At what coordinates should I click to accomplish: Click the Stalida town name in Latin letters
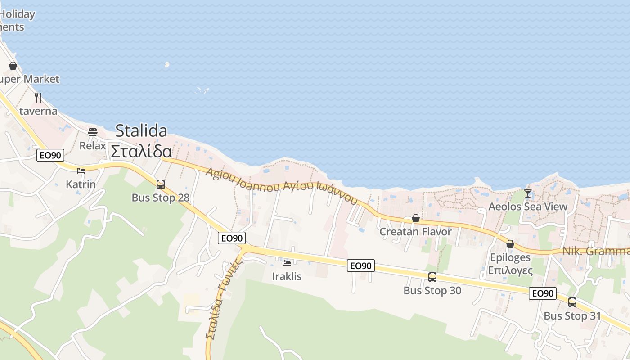[x=141, y=131]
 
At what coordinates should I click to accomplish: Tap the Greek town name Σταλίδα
[x=141, y=152]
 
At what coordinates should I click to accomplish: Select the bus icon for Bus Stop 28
[x=161, y=184]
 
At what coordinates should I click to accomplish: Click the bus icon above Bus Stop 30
[x=432, y=277]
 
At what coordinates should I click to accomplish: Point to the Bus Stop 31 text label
[x=572, y=316]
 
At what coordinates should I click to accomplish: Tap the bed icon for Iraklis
[x=287, y=263]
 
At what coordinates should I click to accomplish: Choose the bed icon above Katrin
[x=81, y=171]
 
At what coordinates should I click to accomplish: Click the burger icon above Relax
[x=93, y=132]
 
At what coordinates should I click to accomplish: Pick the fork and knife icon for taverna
[x=38, y=97]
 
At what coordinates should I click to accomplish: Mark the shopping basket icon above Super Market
[x=13, y=66]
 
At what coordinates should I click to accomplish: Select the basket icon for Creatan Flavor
[x=416, y=218]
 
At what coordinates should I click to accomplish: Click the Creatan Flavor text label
[x=415, y=232]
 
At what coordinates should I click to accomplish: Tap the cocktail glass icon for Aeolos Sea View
[x=528, y=193]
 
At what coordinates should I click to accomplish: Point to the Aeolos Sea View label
[x=528, y=207]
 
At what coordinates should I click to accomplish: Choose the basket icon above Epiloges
[x=510, y=244]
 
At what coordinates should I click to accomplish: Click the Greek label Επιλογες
[x=510, y=270]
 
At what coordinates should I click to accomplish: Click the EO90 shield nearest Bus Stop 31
[x=542, y=293]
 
